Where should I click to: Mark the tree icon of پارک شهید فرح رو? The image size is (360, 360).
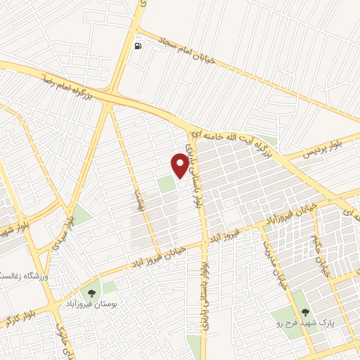pyautogui.click(x=305, y=312)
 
